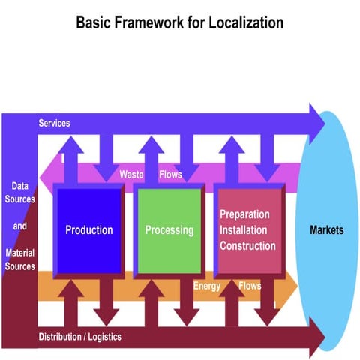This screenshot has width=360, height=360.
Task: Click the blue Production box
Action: (88, 230)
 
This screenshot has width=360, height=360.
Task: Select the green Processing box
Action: (169, 230)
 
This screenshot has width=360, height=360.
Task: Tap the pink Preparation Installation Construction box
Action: (247, 230)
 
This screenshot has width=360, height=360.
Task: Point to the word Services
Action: (54, 123)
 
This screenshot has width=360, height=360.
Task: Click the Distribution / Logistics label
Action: (79, 337)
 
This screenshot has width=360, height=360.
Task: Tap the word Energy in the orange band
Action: (207, 286)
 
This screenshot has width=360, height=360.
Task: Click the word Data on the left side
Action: (20, 185)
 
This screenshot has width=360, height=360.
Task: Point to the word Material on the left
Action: (20, 253)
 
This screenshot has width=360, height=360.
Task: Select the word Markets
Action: (327, 230)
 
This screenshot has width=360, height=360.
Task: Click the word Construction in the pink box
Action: (247, 245)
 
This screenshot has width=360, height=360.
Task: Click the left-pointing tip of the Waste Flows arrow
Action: (40, 175)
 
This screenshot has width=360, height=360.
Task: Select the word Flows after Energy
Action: (250, 286)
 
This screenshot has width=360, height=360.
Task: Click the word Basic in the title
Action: (94, 22)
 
